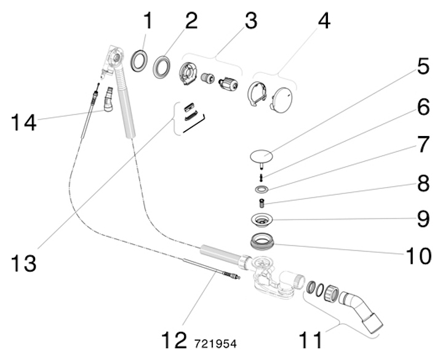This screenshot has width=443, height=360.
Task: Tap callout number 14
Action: (x=23, y=121)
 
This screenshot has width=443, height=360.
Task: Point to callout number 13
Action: (x=23, y=263)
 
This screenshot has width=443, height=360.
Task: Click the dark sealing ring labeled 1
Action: (x=139, y=62)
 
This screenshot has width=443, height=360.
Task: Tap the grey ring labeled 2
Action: (x=162, y=66)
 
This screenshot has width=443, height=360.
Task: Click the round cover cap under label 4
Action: (x=284, y=98)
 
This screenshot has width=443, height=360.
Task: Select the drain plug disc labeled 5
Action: (x=263, y=154)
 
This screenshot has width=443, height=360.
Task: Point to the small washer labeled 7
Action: (x=261, y=188)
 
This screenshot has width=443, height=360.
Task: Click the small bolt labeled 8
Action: (x=261, y=202)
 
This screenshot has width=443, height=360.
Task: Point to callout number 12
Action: (x=174, y=340)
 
